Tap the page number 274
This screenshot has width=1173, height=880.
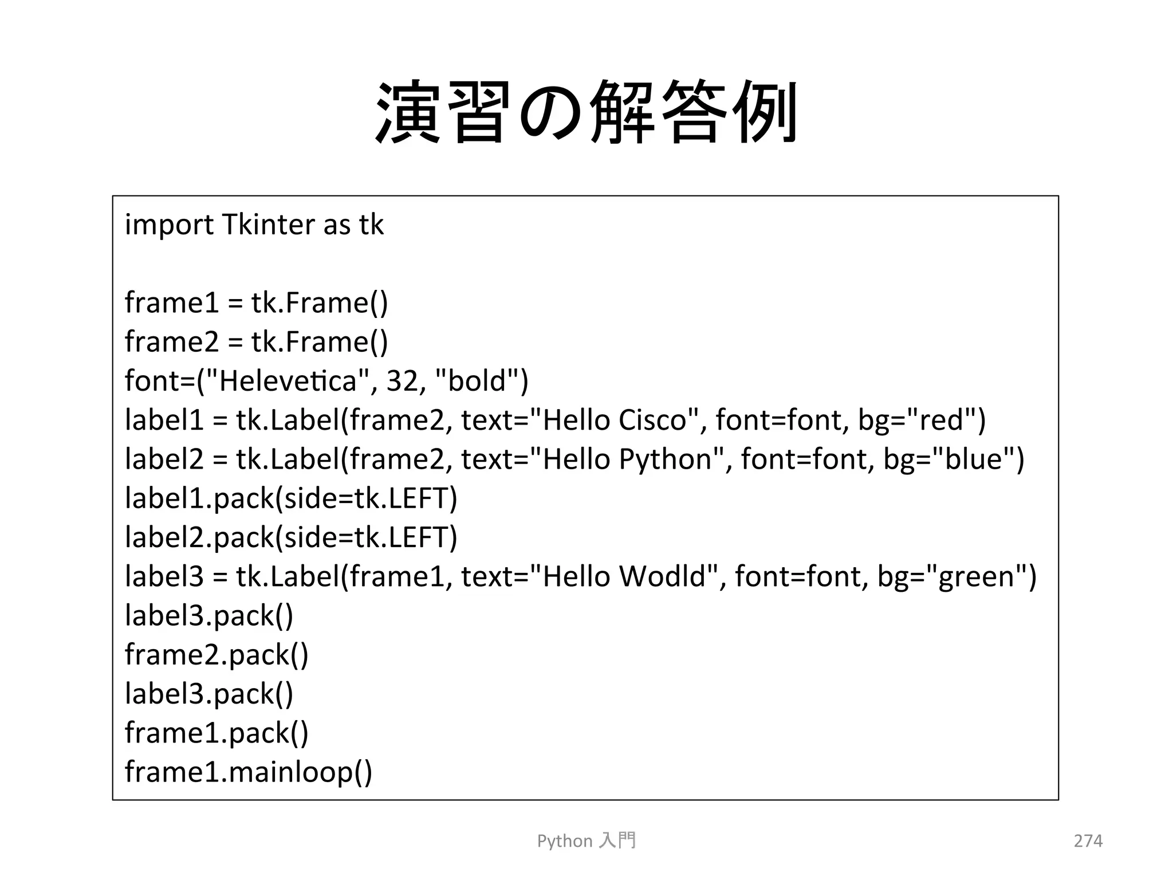1088,840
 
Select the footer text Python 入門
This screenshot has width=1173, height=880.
586,840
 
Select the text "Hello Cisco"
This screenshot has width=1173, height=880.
614,420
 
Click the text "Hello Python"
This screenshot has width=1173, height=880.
627,459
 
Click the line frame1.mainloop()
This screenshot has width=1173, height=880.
249,772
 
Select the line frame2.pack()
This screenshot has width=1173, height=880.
217,654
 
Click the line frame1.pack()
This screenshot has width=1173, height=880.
217,733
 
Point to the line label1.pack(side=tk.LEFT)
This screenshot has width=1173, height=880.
291,498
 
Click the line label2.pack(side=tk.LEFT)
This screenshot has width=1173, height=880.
291,537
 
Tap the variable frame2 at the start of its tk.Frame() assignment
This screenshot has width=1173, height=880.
172,342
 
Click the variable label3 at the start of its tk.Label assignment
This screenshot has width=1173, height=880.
164,576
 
